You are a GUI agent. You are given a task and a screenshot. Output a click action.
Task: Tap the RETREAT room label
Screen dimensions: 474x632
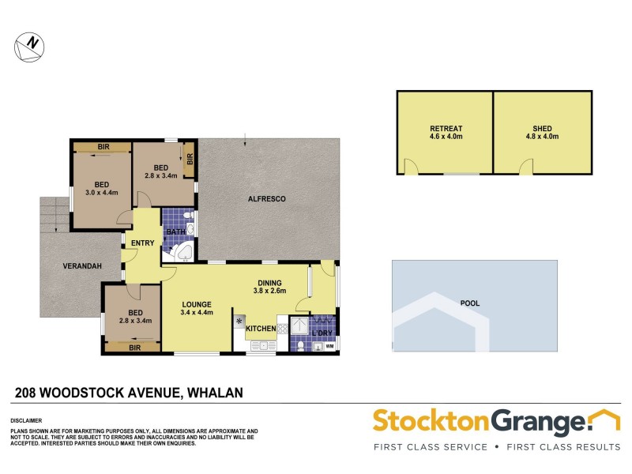pos(446,128)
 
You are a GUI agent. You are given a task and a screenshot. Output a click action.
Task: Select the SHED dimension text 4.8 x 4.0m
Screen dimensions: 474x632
pos(542,137)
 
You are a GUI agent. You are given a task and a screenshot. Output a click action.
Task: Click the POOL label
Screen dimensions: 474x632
pos(472,303)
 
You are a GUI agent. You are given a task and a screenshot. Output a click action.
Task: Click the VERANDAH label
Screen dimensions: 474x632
pos(83,266)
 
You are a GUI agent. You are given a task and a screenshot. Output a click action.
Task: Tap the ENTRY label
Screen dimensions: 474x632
pos(143,243)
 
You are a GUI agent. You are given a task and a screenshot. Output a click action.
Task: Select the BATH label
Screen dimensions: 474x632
pos(175,231)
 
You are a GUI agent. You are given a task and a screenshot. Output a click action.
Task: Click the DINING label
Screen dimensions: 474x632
pos(270,282)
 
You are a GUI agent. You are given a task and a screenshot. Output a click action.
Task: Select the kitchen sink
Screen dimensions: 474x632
pos(261,345)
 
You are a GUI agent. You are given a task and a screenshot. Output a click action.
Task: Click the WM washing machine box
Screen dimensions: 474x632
pos(329,346)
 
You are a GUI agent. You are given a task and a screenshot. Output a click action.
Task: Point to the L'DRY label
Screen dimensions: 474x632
pos(322,333)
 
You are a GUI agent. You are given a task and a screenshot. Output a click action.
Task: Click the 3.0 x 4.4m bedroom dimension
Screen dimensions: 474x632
pos(101,192)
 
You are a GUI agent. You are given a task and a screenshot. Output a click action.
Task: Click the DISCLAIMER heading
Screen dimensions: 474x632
pos(25,421)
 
